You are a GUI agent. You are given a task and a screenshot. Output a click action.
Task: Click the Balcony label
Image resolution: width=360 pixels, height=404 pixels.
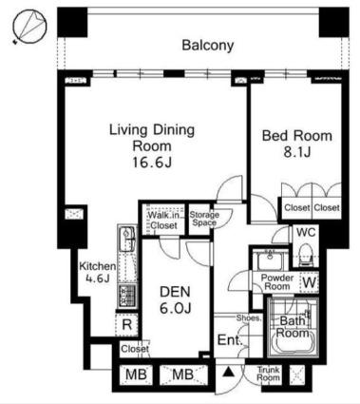point(208,46)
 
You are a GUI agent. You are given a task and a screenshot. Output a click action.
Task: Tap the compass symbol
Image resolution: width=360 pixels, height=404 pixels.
point(29,26)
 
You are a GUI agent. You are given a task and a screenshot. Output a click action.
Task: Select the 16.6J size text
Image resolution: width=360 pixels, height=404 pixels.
point(152,163)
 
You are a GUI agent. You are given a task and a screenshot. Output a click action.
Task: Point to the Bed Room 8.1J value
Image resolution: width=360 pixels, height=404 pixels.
point(296,152)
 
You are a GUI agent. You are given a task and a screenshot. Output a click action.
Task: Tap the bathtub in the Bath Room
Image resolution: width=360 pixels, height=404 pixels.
point(294,343)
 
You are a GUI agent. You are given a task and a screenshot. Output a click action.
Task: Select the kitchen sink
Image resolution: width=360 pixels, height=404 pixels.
point(127,238)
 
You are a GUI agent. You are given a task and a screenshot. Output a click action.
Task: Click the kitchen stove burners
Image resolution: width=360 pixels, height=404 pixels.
point(127,296)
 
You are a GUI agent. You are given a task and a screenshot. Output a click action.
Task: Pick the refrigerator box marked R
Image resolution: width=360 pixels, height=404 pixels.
point(126,324)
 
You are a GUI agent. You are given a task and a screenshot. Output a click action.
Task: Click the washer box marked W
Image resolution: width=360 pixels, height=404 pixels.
point(310,282)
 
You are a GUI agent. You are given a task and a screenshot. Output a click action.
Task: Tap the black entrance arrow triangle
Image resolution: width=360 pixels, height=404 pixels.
point(227,372)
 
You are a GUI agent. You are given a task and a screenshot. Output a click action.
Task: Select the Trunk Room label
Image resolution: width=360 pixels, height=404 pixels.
point(268,374)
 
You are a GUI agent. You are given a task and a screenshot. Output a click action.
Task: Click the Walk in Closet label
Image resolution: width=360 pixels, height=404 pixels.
point(164,221)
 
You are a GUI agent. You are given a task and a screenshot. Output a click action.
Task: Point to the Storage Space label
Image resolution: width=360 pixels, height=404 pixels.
point(204,219)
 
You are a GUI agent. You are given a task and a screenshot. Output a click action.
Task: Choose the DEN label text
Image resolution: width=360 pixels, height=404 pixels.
point(175,292)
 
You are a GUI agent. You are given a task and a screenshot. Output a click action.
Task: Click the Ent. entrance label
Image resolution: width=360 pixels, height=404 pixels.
point(230,340)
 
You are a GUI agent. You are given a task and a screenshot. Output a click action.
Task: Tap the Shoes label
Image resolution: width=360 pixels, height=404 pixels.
point(249,317)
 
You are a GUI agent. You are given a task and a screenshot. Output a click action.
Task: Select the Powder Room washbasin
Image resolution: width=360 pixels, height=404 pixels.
point(269,260)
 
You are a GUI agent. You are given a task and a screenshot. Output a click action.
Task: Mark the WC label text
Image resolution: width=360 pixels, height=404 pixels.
point(306,232)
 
